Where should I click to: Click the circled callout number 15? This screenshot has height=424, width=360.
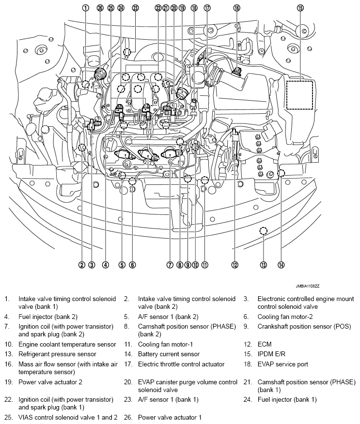click(x=300, y=8)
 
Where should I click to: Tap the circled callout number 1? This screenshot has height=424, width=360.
click(x=85, y=8)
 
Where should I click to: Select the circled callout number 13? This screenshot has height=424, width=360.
click(x=263, y=265)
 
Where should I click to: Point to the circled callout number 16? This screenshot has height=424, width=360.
click(x=236, y=8)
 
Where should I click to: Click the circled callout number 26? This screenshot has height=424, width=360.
click(x=100, y=8)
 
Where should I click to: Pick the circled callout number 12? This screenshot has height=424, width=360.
click(x=235, y=265)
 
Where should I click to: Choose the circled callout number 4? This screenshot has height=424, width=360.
click(x=105, y=265)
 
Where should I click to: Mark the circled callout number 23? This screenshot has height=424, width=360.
click(x=135, y=8)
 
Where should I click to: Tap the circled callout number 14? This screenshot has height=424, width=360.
click(x=281, y=265)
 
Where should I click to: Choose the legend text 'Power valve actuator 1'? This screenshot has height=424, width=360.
click(x=170, y=417)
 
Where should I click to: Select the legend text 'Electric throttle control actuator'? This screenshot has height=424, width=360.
click(x=181, y=364)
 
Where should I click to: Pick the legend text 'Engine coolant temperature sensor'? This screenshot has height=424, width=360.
click(x=67, y=344)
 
